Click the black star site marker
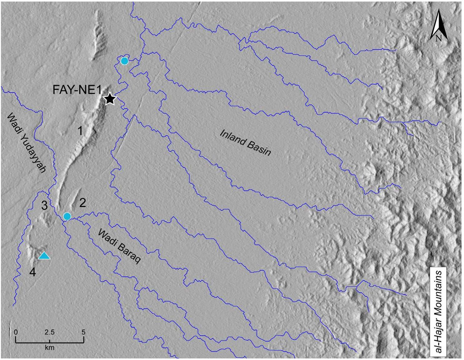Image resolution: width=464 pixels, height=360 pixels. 110,99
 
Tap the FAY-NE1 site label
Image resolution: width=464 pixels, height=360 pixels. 77,90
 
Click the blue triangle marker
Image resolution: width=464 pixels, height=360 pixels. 44,256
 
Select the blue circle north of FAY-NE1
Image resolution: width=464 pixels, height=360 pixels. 124,61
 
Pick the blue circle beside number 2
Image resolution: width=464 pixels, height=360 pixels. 67,216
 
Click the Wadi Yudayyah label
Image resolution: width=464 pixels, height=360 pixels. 26,143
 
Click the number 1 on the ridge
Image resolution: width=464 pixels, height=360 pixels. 80,131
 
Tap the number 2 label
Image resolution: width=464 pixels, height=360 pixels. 83,203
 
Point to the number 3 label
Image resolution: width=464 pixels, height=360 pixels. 44,206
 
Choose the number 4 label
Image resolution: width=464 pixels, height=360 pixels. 32,272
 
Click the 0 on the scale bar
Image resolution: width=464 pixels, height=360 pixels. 16,332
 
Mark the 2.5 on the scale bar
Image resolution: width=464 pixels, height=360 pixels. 49,332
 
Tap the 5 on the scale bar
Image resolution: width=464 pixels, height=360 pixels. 83,332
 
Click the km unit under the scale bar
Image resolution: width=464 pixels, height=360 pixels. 49,347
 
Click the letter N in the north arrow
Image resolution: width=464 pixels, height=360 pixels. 439,38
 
